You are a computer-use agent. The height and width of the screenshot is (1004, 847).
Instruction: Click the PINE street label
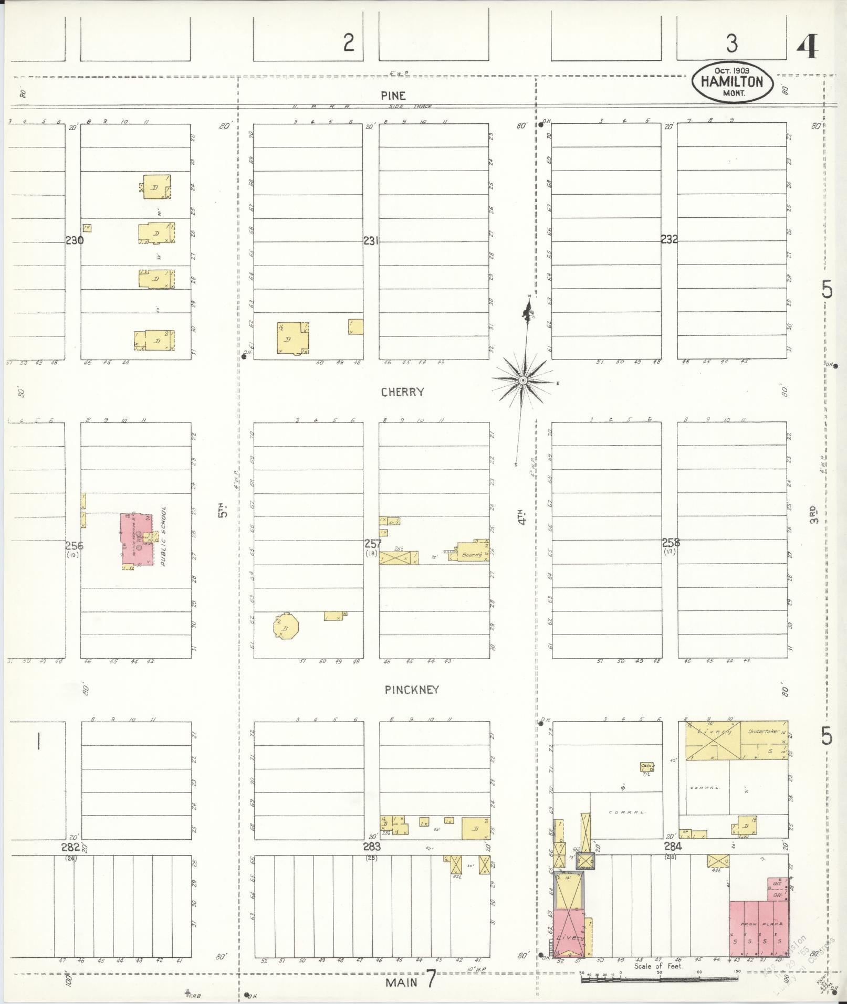[x=393, y=96]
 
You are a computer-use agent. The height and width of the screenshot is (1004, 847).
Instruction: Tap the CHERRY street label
[x=403, y=392]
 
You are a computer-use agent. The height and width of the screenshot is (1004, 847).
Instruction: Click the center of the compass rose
[x=523, y=380]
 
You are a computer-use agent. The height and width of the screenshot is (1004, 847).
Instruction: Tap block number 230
[x=74, y=241]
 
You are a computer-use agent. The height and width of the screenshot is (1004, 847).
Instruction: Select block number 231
[x=371, y=241]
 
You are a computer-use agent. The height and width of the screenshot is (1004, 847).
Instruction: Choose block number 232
[x=669, y=239]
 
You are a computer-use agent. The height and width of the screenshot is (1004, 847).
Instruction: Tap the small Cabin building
[x=646, y=767]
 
